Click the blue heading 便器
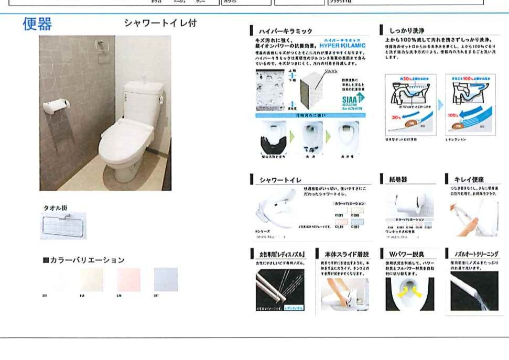(x=37, y=24)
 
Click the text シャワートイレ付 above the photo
(x=160, y=23)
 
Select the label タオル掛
(x=55, y=208)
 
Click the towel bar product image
(x=63, y=225)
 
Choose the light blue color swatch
(x=166, y=279)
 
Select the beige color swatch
(x=92, y=279)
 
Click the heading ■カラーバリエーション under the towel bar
(x=83, y=260)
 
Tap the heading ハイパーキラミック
(x=286, y=32)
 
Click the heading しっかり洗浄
(x=409, y=31)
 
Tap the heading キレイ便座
(x=469, y=180)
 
